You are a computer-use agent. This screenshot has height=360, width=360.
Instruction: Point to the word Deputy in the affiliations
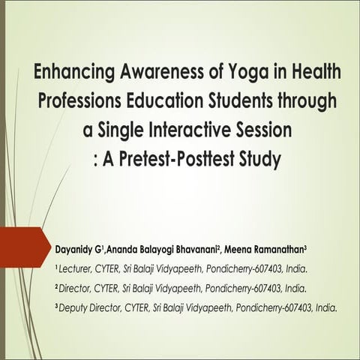tap(76, 307)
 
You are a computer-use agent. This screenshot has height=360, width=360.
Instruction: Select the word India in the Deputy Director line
tap(326, 307)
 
